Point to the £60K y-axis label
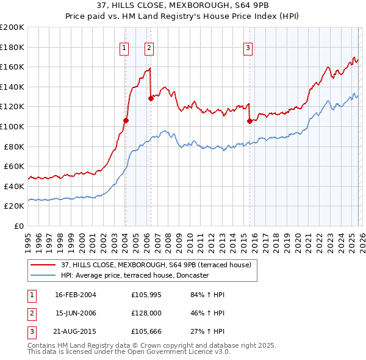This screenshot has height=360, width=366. tap(14, 166)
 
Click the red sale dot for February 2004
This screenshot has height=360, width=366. tap(126, 120)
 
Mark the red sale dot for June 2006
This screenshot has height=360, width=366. tap(151, 98)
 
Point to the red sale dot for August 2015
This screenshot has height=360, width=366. tap(249, 121)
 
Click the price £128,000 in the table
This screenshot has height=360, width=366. tap(145, 314)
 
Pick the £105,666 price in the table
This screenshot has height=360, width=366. tap(145, 333)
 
